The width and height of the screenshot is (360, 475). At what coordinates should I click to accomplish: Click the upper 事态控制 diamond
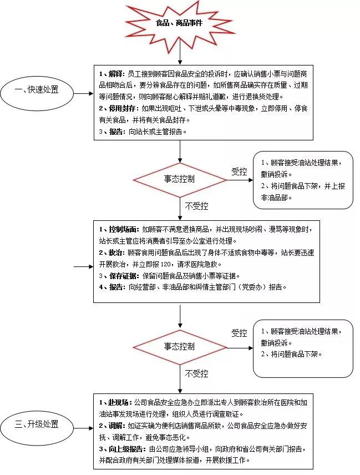pyautogui.click(x=180, y=179)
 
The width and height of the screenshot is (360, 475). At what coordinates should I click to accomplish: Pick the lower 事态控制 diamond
pyautogui.click(x=180, y=346)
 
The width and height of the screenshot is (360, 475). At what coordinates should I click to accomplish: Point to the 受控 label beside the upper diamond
pyautogui.click(x=239, y=171)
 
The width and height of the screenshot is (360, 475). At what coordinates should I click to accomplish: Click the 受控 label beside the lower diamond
pyautogui.click(x=239, y=333)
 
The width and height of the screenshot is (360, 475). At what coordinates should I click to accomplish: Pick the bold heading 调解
pyautogui.click(x=114, y=425)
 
